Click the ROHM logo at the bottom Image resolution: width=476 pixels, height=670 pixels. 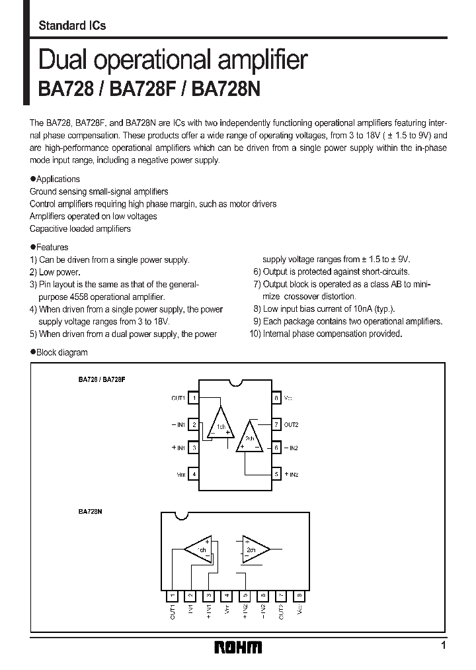[x=238, y=647]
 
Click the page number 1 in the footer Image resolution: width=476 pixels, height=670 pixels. [x=444, y=646]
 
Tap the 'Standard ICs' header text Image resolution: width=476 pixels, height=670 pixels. [x=72, y=26]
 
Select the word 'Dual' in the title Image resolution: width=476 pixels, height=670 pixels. [x=64, y=61]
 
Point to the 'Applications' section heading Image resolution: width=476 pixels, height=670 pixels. [x=58, y=179]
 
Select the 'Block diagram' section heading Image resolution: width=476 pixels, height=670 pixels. [x=61, y=352]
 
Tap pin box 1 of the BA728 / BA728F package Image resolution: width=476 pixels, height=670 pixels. [x=194, y=399]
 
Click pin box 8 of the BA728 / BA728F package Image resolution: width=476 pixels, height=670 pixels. [x=276, y=399]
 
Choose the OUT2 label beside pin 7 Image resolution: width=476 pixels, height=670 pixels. [x=292, y=424]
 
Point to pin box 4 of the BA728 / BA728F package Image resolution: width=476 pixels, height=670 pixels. [x=194, y=474]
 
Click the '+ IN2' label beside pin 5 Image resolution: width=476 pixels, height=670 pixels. [x=292, y=474]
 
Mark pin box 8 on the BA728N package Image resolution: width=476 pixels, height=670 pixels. [x=300, y=595]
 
